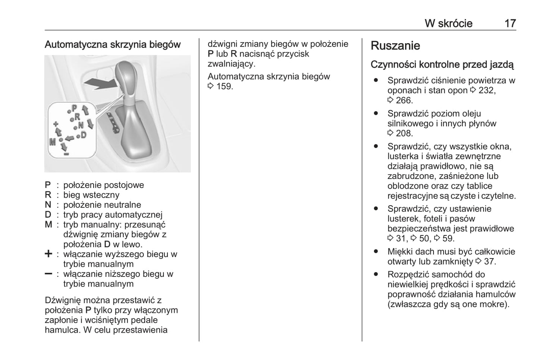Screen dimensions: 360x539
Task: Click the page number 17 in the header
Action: (510, 24)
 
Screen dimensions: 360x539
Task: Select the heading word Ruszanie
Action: (395, 46)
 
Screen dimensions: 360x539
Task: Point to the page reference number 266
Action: (404, 100)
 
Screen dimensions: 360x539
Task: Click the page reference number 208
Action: (404, 133)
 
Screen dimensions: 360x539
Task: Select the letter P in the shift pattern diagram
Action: (74, 108)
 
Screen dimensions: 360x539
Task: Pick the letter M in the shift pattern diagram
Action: (53, 142)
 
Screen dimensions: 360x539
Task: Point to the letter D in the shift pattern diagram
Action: (83, 135)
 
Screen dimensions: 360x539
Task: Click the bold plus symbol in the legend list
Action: (48, 254)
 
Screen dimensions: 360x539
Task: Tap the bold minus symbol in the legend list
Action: (48, 274)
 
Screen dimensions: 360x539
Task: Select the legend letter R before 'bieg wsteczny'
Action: (48, 195)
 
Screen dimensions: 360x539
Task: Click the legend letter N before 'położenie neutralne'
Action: (48, 205)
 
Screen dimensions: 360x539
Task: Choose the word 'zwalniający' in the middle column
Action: (231, 64)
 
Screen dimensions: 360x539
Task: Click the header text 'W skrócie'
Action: (448, 24)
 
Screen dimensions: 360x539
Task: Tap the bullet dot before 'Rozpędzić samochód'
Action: (376, 275)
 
